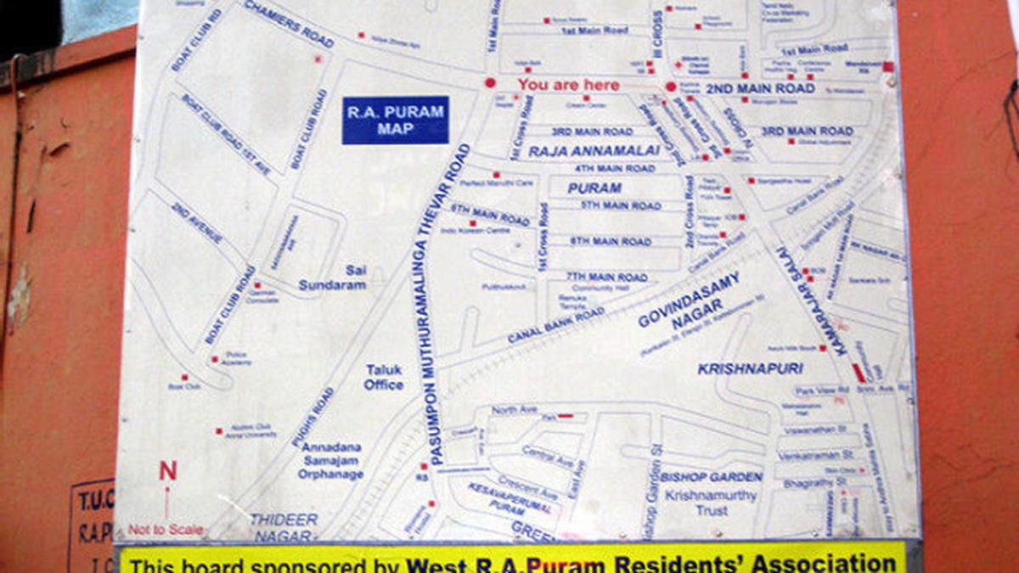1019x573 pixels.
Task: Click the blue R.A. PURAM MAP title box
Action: pyautogui.click(x=395, y=121)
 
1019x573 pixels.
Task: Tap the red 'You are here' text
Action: pyautogui.click(x=568, y=85)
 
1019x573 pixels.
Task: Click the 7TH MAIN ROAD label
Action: pyautogui.click(x=607, y=277)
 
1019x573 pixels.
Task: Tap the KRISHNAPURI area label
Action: pyautogui.click(x=750, y=368)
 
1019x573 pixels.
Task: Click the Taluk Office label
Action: pyautogui.click(x=384, y=377)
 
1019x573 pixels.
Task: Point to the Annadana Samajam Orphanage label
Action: pyautogui.click(x=330, y=460)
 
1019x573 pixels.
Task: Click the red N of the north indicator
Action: pyautogui.click(x=168, y=471)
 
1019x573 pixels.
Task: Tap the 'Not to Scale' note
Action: pyautogui.click(x=166, y=530)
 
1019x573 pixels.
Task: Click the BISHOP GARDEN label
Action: pyautogui.click(x=711, y=477)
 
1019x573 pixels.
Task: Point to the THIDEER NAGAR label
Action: pyautogui.click(x=284, y=527)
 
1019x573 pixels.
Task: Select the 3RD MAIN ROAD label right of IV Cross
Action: pyautogui.click(x=806, y=131)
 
